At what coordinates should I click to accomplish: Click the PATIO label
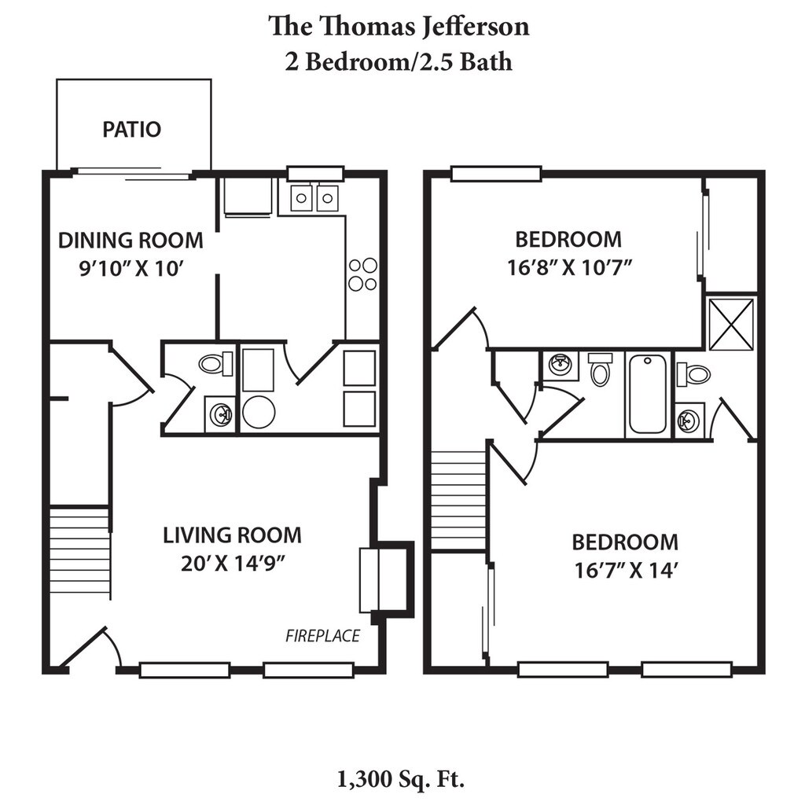click(x=131, y=129)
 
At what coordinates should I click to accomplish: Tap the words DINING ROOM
click(x=130, y=240)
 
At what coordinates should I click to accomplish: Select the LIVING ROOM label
click(x=232, y=535)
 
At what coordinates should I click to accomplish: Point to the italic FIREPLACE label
click(x=322, y=635)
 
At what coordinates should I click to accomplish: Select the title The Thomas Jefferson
click(x=399, y=26)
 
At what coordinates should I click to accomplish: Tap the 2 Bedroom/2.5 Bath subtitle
click(x=399, y=62)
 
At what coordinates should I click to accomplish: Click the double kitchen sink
click(x=314, y=197)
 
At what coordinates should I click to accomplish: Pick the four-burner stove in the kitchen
click(x=362, y=274)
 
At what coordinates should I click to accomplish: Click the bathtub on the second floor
click(x=647, y=395)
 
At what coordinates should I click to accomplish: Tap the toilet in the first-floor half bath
click(x=215, y=364)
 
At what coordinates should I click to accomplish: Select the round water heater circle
click(x=259, y=412)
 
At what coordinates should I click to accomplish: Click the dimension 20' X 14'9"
click(x=233, y=564)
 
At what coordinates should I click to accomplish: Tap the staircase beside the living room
click(x=79, y=552)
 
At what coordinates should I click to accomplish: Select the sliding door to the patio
click(x=132, y=174)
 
